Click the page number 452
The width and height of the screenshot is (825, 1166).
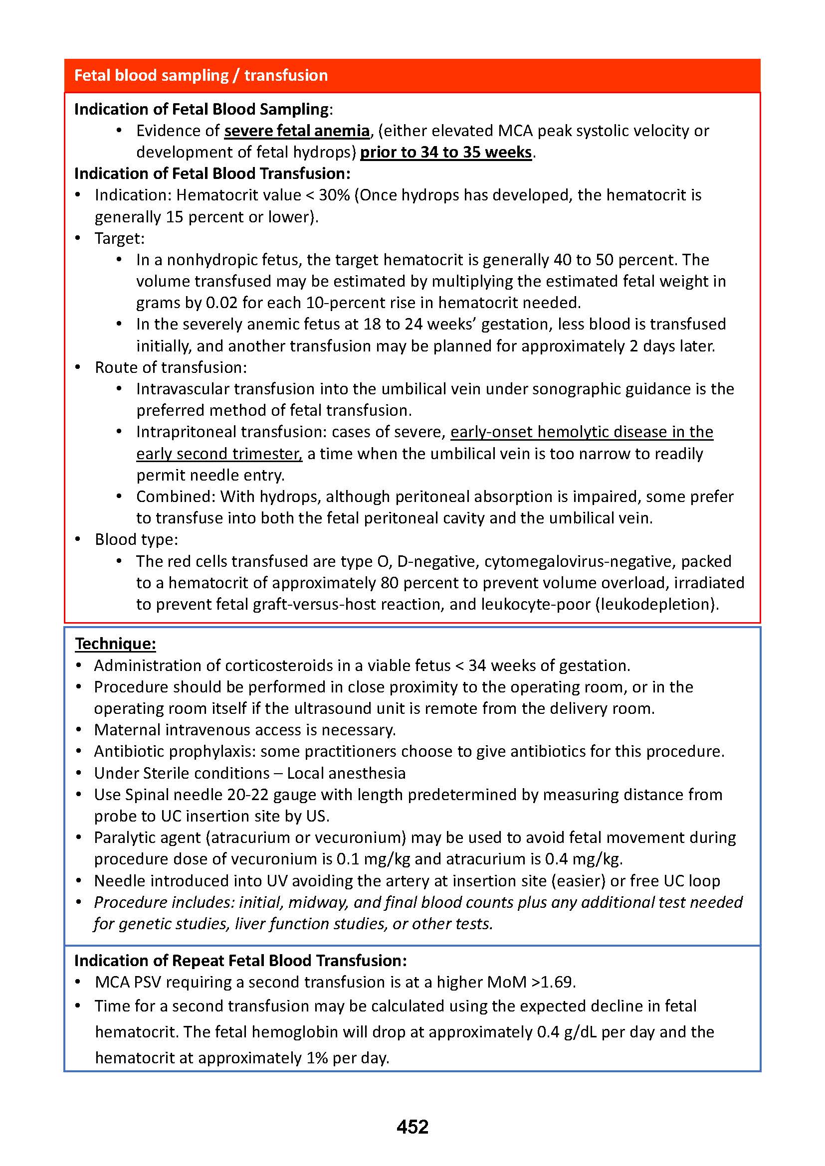(412, 1127)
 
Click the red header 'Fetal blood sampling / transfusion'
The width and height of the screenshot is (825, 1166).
(201, 75)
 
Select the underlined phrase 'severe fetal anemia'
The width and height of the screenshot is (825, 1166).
(297, 131)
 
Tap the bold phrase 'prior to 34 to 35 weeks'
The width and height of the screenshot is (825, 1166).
(445, 152)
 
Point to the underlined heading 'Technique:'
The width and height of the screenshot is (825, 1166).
(115, 644)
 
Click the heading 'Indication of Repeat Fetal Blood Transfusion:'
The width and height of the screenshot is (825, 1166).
(240, 960)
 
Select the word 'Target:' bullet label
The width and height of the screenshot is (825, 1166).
(119, 238)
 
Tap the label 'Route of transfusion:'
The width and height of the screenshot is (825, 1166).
(171, 367)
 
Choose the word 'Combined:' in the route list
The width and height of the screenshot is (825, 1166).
(176, 496)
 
